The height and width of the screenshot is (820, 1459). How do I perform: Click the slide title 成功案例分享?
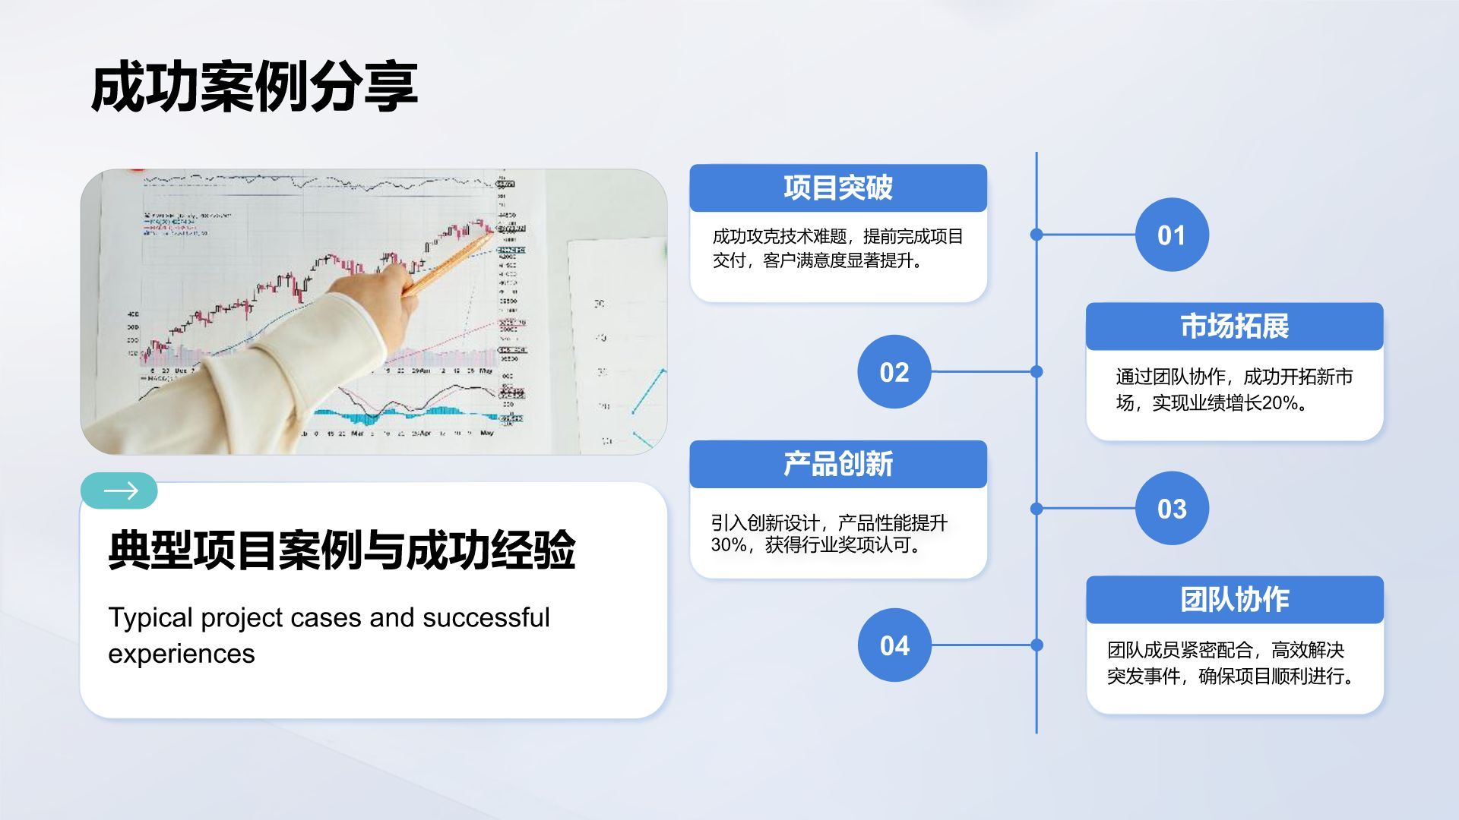click(254, 87)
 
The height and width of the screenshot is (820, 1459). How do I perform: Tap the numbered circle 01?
click(1171, 235)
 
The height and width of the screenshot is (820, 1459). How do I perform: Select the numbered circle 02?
click(894, 372)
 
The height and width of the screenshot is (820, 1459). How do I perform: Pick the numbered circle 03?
click(1171, 508)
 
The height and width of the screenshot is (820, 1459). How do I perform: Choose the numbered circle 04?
click(894, 645)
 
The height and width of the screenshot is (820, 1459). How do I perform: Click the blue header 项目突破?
click(837, 188)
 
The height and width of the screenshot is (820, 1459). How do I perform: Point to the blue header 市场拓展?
click(1233, 326)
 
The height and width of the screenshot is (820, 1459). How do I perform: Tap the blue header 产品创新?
click(837, 464)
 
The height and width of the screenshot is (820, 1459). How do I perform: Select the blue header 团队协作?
click(1233, 599)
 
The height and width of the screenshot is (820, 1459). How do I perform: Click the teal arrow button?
click(119, 491)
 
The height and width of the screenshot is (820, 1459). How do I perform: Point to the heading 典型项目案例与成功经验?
click(341, 550)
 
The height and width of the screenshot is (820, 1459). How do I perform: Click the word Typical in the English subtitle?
click(150, 618)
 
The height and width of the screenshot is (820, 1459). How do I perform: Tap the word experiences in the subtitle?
click(181, 654)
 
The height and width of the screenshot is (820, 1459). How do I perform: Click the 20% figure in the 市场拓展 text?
click(1280, 403)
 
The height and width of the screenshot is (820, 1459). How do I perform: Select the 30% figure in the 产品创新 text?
click(728, 545)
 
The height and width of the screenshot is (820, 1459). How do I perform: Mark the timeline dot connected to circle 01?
click(1036, 235)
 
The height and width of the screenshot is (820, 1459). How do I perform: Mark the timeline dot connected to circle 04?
click(1036, 645)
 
